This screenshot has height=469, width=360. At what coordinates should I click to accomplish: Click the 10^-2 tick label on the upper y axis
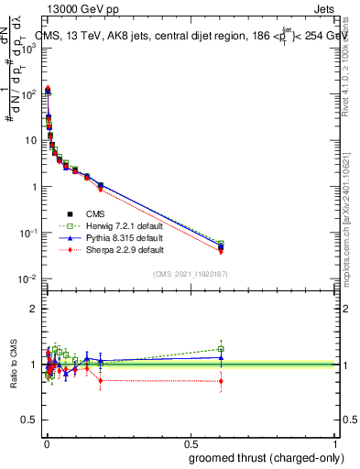point(27,278)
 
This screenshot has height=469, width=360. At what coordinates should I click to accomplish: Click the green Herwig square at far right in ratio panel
point(221,349)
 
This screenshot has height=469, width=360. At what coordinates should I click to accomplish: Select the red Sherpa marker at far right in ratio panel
point(221,381)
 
